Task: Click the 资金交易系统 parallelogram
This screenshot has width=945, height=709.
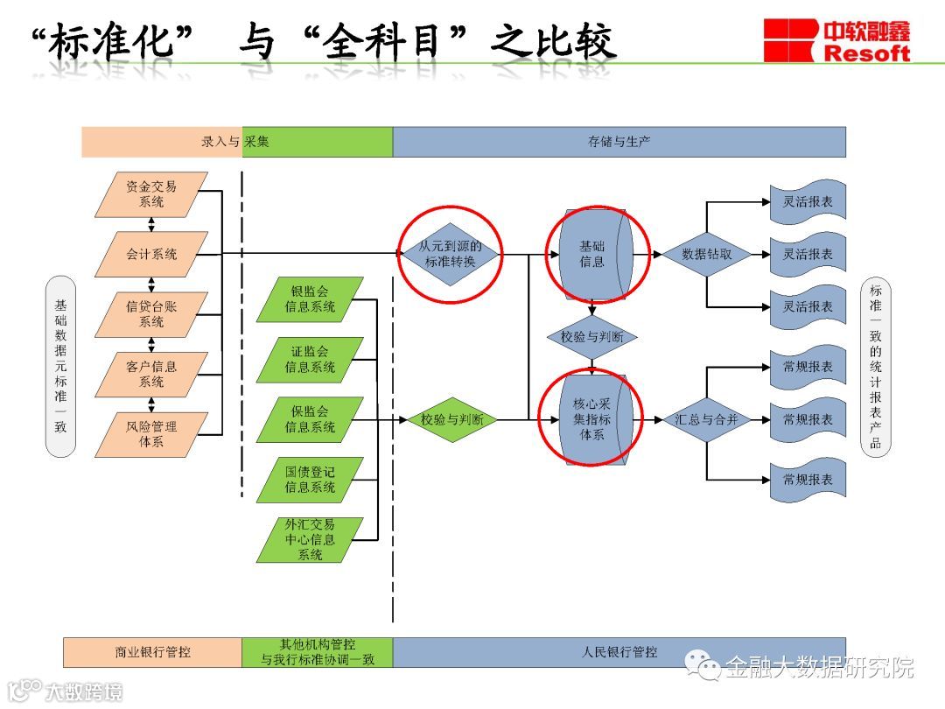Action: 151,194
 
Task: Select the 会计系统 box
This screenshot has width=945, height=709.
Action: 151,254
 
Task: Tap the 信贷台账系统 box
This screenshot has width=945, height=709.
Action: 151,314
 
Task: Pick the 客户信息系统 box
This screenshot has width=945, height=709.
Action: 151,375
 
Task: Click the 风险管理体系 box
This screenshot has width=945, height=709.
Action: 151,434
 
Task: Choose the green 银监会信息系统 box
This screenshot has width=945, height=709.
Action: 310,299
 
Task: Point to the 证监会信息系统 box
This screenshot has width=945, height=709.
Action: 310,360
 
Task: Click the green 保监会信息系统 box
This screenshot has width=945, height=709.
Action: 310,419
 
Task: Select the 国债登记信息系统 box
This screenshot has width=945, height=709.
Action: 310,480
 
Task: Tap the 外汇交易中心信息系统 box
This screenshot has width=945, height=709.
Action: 310,539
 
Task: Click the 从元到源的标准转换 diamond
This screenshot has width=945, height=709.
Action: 451,254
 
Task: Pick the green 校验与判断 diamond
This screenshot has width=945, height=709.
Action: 451,419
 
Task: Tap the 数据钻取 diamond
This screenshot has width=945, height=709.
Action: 706,254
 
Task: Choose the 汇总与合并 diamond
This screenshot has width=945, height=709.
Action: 706,419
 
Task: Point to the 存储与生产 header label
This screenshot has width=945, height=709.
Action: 619,142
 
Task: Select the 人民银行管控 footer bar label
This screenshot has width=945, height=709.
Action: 619,652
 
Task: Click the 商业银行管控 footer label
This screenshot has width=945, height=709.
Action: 152,652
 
